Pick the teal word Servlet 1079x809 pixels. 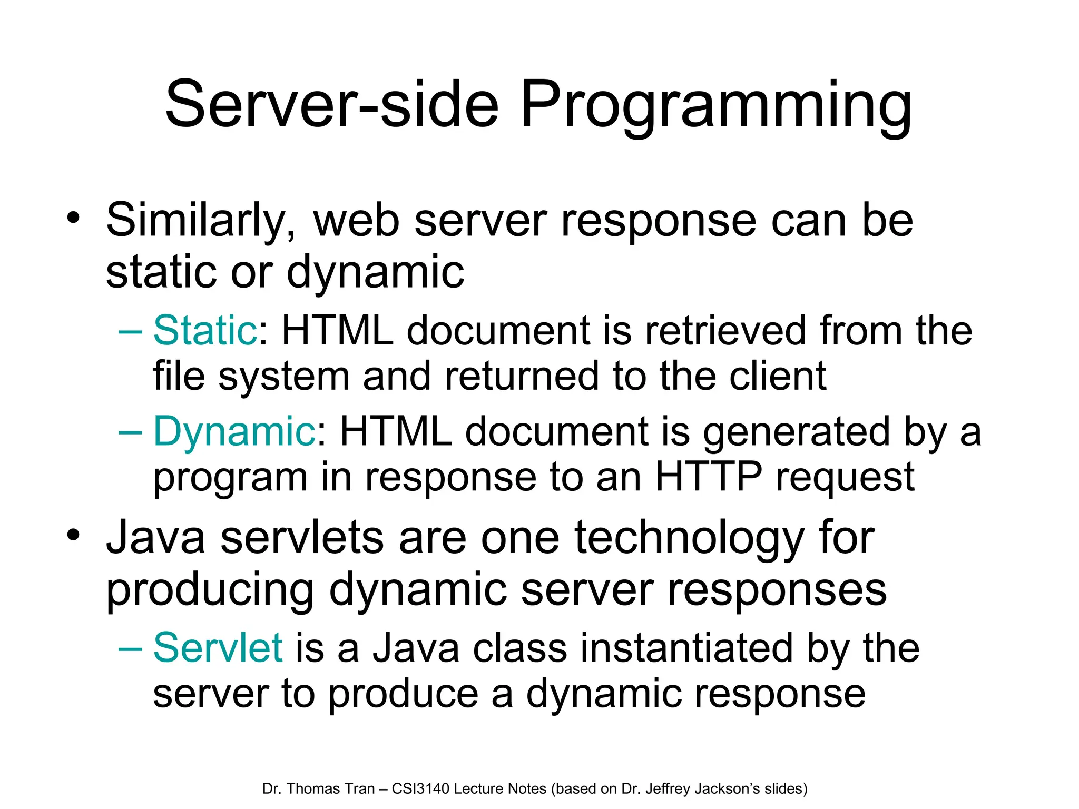(218, 647)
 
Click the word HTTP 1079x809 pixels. (708, 477)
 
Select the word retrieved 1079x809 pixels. (725, 330)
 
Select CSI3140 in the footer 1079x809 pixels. (420, 788)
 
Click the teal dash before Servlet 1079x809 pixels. (130, 648)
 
